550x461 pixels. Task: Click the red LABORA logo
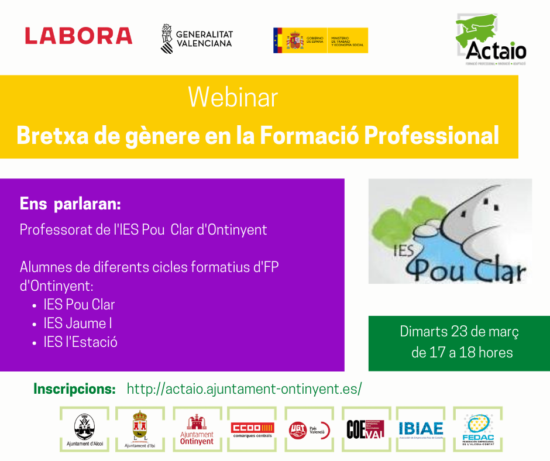coord(78,36)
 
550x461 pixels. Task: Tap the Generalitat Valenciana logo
coord(197,39)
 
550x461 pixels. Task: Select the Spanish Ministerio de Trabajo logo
coord(320,40)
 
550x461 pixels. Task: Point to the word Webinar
coord(233,97)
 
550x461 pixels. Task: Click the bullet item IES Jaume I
coord(78,323)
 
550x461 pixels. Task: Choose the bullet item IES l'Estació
coord(80,342)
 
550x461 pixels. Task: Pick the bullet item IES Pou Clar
coord(79,304)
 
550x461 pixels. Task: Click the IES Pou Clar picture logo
coord(450,231)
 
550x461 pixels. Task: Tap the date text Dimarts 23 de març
coord(459,332)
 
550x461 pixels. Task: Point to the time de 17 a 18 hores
coord(462,353)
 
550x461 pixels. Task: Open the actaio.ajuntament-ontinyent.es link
coord(244,388)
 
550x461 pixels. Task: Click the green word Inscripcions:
coord(74,388)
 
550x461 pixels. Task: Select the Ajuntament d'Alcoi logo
coord(85,430)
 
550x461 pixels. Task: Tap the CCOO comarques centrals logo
coord(252,430)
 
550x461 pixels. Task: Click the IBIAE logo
coord(421,430)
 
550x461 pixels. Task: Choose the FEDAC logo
coord(477,430)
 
